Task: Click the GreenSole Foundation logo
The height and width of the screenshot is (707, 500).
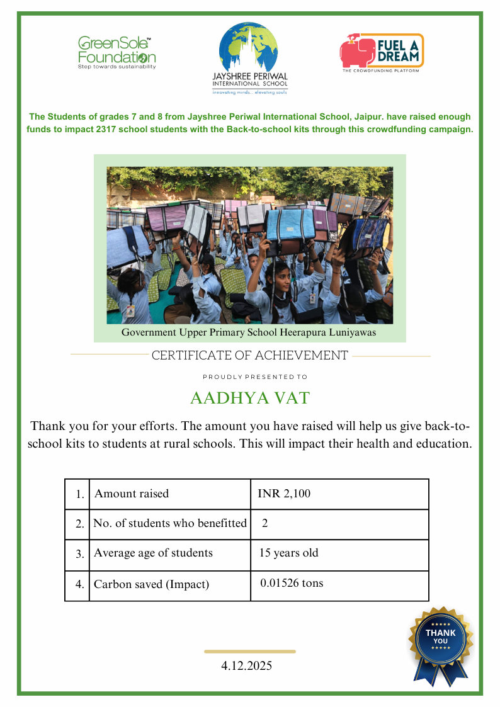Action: click(116, 52)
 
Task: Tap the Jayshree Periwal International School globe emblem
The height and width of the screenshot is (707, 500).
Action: click(250, 48)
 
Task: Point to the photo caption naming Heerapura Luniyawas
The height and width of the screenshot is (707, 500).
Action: click(249, 332)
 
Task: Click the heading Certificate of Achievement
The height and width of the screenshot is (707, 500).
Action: click(249, 355)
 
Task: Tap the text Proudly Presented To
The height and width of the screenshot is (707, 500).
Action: click(254, 377)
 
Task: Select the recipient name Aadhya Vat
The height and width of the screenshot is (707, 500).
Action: click(250, 399)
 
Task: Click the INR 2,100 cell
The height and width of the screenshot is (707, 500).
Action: click(284, 494)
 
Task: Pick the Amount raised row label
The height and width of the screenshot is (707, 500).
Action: click(132, 494)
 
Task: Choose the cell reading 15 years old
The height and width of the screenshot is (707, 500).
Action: click(289, 553)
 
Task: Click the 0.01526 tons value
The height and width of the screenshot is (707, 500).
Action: click(292, 583)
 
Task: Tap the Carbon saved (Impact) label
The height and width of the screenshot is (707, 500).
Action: click(151, 584)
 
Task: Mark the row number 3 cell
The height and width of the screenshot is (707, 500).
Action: click(79, 555)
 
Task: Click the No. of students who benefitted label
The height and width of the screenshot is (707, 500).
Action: click(170, 523)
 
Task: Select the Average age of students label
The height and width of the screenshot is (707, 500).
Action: click(153, 553)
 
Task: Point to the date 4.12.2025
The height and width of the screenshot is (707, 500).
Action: click(247, 665)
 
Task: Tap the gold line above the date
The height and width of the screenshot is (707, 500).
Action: click(250, 652)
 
